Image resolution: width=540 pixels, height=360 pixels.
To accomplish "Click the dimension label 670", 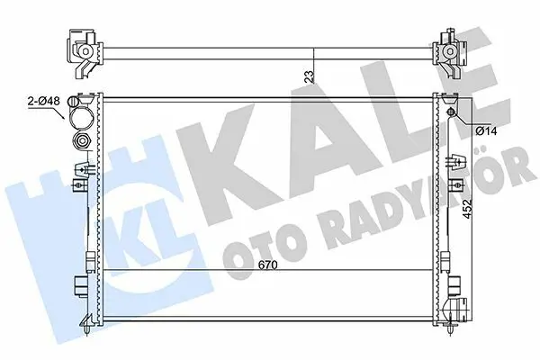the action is click(267, 265).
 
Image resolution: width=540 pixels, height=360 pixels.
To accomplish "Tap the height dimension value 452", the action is click(467, 209).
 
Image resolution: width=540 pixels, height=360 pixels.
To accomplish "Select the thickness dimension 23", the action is click(310, 76).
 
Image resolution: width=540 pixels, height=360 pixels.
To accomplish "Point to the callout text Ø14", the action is click(486, 130).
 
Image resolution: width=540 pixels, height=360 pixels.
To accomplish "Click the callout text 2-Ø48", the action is click(44, 102).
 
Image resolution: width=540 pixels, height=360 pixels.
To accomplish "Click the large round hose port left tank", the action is click(81, 116).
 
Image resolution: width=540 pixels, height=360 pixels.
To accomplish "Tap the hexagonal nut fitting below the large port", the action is click(82, 140).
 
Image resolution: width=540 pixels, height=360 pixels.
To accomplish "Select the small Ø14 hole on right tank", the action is click(451, 112).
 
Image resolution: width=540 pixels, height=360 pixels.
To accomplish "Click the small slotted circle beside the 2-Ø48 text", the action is click(74, 102).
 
